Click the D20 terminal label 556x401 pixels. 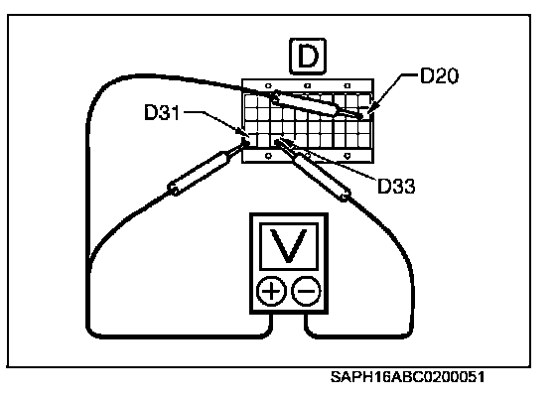[x=439, y=75]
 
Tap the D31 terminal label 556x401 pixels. [x=162, y=112]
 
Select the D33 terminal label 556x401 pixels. [x=396, y=186]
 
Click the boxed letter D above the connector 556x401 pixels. [x=308, y=56]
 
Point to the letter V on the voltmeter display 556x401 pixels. [x=289, y=245]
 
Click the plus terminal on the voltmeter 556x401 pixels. [x=271, y=291]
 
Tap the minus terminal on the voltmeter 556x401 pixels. [x=306, y=291]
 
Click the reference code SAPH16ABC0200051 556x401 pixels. [x=407, y=377]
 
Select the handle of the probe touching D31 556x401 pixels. [x=200, y=173]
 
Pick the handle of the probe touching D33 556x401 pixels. [x=322, y=177]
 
